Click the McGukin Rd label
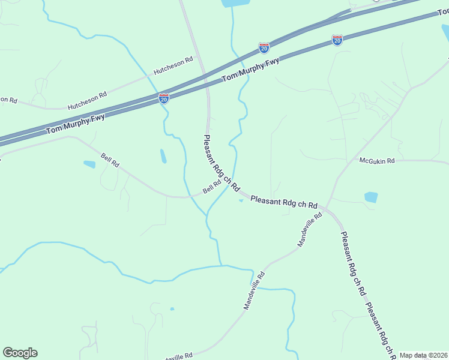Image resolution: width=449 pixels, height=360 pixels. click(377, 161)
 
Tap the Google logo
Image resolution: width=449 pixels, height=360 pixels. click(20, 353)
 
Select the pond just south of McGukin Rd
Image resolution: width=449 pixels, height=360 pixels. click(371, 197)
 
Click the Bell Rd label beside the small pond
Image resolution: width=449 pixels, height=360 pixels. click(110, 161)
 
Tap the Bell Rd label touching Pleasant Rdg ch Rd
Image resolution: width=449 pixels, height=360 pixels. click(212, 188)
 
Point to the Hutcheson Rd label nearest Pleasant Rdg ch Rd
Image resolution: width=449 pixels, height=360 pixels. click(173, 65)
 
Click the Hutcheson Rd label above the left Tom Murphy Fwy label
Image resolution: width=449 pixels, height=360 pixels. click(87, 100)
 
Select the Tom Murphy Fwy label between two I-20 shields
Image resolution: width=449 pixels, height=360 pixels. click(251, 68)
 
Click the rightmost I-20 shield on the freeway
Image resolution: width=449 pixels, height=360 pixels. click(337, 40)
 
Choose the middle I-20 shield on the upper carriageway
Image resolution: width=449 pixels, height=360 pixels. click(264, 47)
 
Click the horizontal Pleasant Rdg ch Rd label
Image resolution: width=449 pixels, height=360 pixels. click(284, 202)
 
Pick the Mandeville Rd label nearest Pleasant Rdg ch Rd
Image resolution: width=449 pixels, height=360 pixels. click(310, 229)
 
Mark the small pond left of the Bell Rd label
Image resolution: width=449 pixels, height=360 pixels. click(89, 164)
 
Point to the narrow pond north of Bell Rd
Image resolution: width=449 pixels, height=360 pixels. click(163, 156)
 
